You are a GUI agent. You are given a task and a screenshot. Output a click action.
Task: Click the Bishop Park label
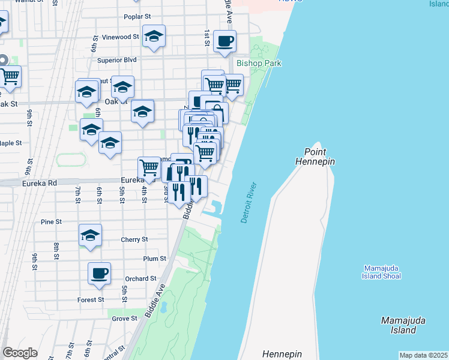tap(259, 63)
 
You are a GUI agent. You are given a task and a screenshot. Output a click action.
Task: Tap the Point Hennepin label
tap(315, 157)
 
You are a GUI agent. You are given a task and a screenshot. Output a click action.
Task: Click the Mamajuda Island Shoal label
tap(382, 272)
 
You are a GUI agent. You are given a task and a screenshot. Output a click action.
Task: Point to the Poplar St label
tap(136, 17)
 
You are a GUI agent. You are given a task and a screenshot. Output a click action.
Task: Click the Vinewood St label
tap(121, 37)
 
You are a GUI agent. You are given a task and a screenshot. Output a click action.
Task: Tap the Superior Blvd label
tap(117, 60)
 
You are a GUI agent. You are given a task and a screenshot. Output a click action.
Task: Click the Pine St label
tap(52, 221)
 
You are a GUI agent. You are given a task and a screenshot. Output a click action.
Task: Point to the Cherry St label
tap(134, 239)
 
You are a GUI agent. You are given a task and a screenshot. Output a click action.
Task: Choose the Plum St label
tap(154, 259)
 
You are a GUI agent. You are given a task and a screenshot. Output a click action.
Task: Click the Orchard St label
tap(140, 278)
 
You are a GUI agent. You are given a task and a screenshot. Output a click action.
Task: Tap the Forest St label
tap(91, 299)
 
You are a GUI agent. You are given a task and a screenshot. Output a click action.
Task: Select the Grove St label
tap(125, 319)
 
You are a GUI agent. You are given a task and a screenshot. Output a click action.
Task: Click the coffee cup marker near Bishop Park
tap(224, 41)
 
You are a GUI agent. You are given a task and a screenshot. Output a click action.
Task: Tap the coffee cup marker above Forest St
tap(100, 273)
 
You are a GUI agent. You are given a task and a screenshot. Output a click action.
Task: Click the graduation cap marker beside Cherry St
tap(90, 235)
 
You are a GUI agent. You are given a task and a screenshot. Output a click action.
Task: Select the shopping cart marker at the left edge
tap(10, 76)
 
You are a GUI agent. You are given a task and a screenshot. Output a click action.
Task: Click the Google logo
tap(20, 353)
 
